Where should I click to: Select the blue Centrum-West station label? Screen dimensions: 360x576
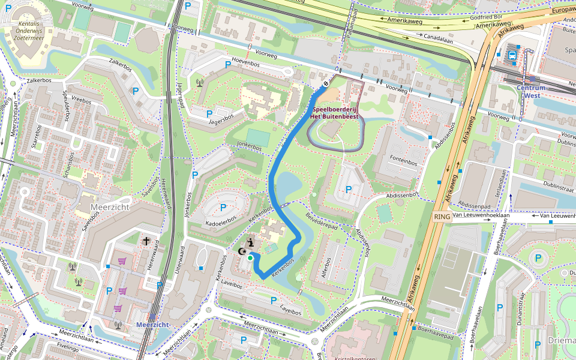(x=531, y=91)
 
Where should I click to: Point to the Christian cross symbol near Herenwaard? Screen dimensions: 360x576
(x=146, y=241)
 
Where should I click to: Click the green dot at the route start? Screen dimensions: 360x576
(x=250, y=257)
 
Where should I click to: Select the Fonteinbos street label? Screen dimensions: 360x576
(x=403, y=162)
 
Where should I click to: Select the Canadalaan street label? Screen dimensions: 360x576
(x=438, y=37)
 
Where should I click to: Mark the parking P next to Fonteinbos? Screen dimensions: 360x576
(x=349, y=189)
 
